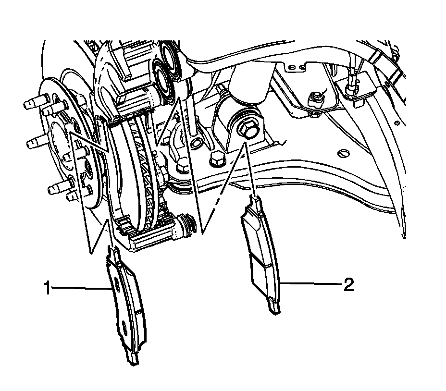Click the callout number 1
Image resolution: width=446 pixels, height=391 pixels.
coord(47,288)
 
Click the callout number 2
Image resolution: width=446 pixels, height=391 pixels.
coord(348,285)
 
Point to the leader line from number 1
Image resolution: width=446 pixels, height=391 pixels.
coord(82,288)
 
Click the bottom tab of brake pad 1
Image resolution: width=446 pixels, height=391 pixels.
coord(132,358)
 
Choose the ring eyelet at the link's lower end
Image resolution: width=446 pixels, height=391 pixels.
coord(196,143)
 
